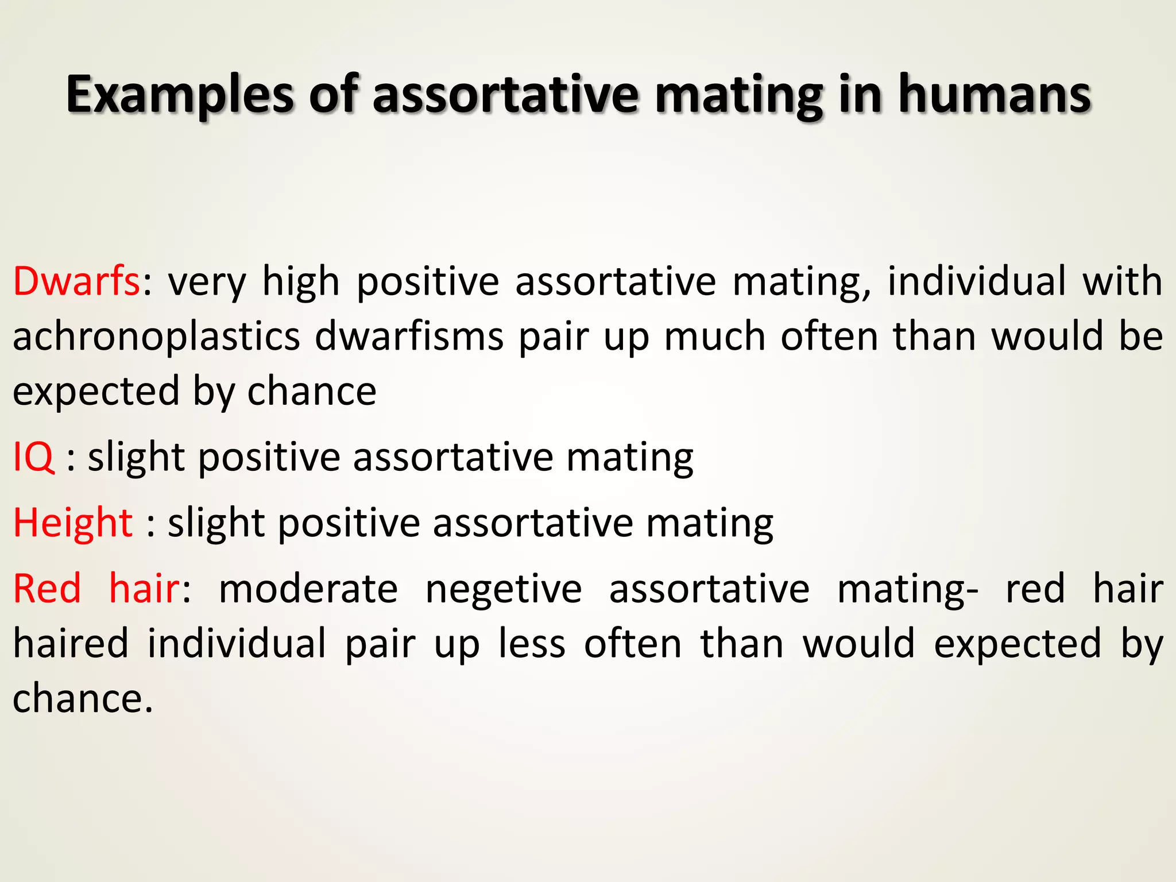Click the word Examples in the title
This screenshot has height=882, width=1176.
(x=180, y=95)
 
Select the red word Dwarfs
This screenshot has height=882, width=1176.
(x=76, y=281)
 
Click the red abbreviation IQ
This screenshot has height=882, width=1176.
(x=34, y=458)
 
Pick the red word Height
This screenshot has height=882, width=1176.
(x=73, y=523)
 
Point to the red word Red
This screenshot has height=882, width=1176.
(x=47, y=589)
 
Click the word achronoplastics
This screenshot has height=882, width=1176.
(x=156, y=337)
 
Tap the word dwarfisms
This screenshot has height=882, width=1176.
(x=409, y=337)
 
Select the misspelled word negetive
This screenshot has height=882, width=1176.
(x=504, y=589)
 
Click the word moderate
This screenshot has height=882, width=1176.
(x=308, y=589)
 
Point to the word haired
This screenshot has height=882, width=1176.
(x=71, y=644)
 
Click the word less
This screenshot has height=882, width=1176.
(x=532, y=644)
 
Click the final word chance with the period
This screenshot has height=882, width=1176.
(x=83, y=699)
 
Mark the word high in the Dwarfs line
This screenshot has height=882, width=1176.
(x=301, y=281)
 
